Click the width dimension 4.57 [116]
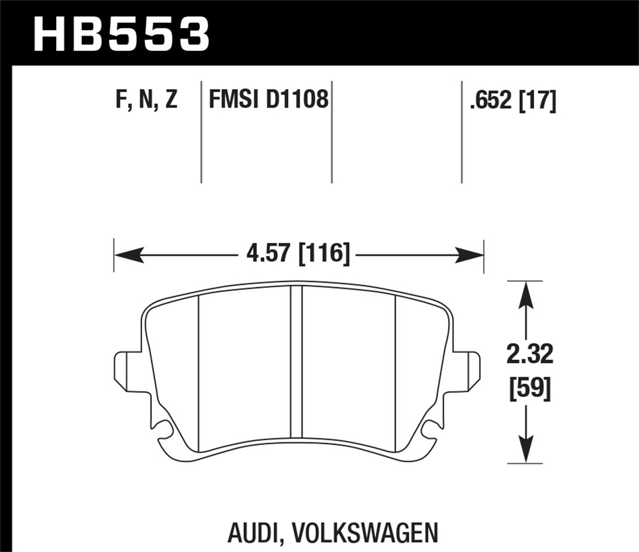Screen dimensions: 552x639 pyautogui.click(x=298, y=254)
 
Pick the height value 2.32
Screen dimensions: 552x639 pyautogui.click(x=530, y=354)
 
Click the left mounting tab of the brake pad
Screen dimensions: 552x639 pyautogui.click(x=122, y=367)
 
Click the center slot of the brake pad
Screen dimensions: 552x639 pyautogui.click(x=296, y=362)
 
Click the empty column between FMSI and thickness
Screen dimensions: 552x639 pyautogui.click(x=396, y=132)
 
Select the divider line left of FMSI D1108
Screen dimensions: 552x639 pyautogui.click(x=201, y=132)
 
